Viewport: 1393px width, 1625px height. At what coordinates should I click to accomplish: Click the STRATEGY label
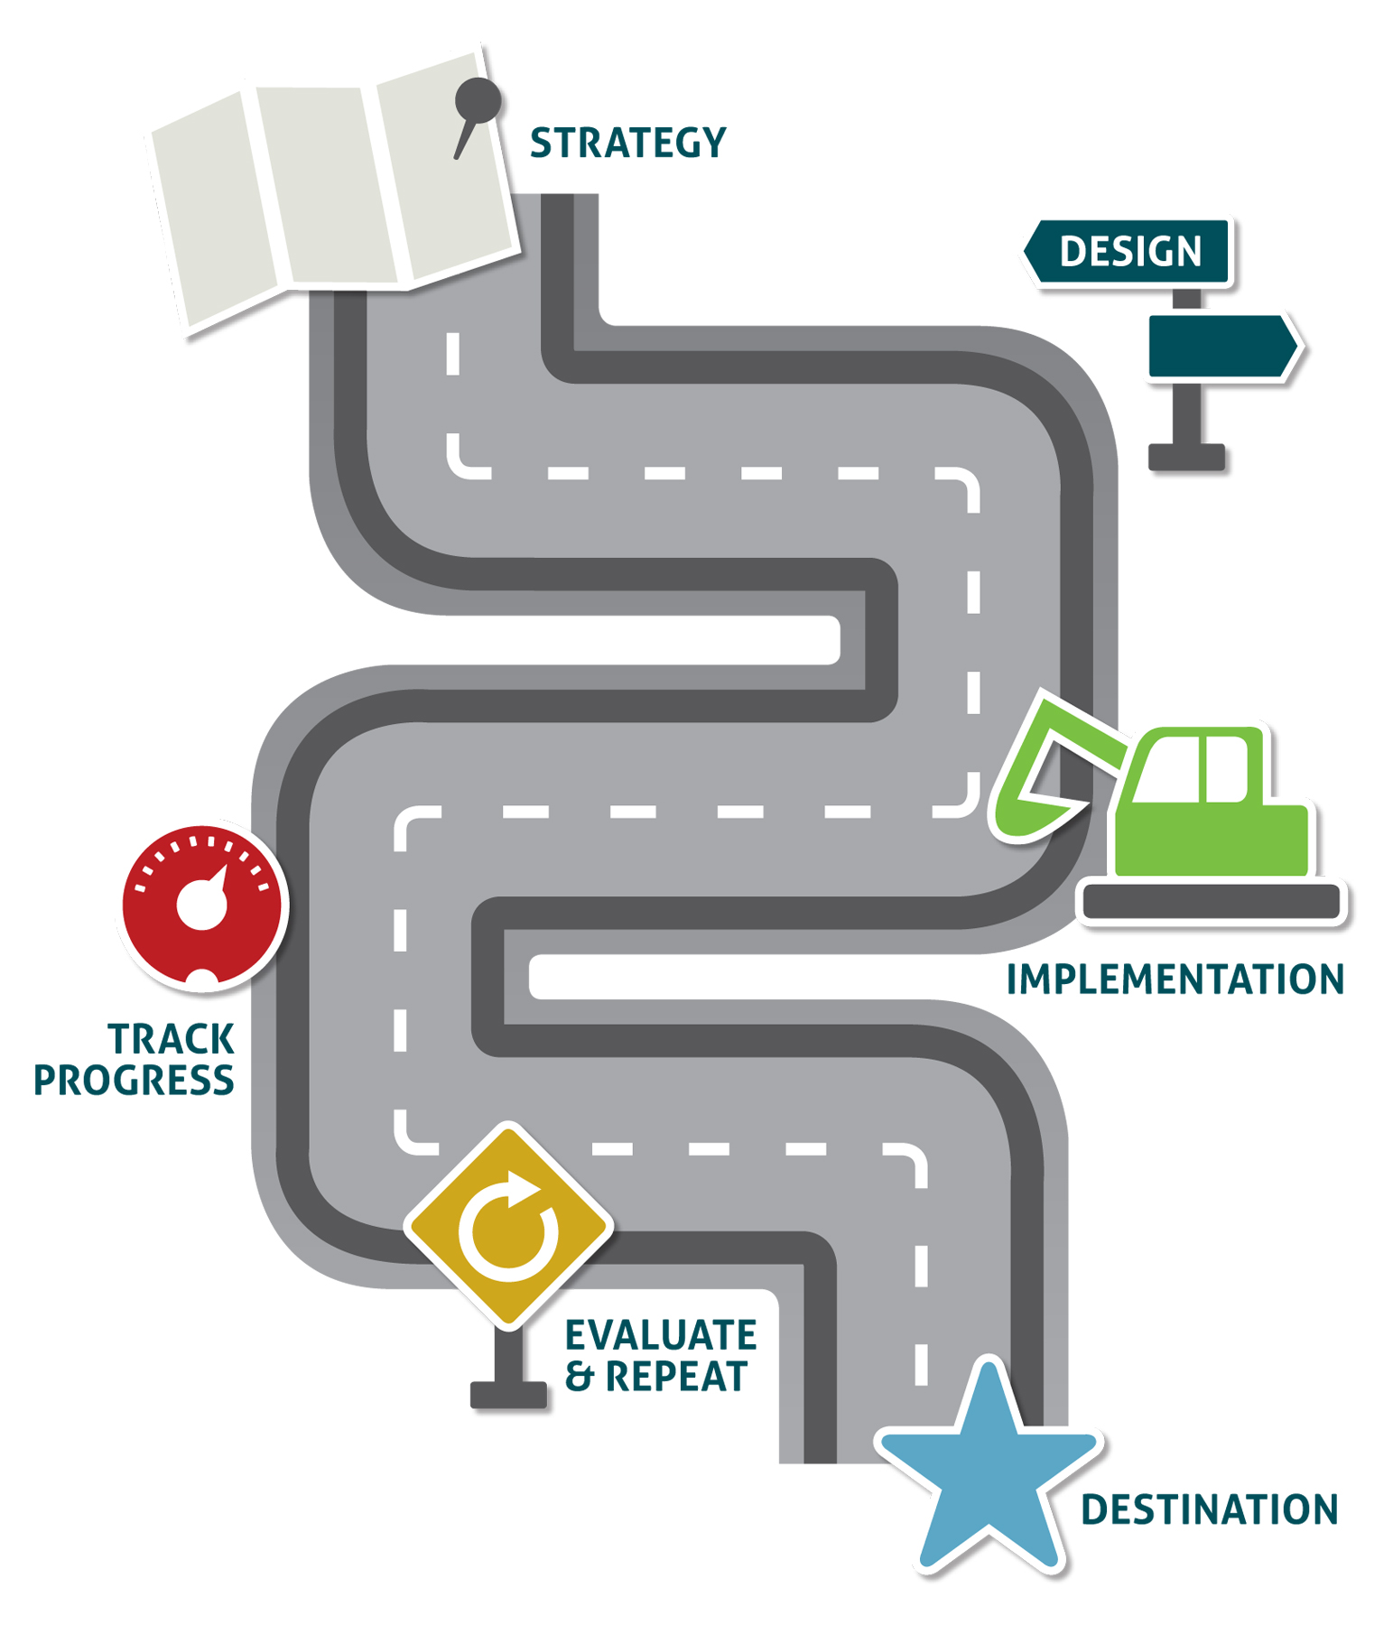[x=627, y=143]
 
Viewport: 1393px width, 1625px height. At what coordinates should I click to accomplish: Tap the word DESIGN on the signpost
[x=1129, y=251]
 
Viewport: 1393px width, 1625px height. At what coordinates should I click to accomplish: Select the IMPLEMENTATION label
[x=1175, y=980]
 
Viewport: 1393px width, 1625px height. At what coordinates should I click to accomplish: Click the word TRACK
[x=171, y=1039]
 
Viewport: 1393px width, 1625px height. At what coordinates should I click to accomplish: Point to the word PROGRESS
[x=134, y=1081]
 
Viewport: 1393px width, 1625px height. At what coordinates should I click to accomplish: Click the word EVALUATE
[x=661, y=1335]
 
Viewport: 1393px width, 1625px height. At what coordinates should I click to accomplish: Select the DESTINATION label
[x=1209, y=1509]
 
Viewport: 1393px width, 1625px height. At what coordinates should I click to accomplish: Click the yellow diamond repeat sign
[x=508, y=1225]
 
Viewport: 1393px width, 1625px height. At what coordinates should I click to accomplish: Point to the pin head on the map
[x=478, y=99]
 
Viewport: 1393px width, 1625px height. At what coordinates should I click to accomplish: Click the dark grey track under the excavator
[x=1211, y=902]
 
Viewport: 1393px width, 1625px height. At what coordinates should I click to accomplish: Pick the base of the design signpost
[x=1186, y=457]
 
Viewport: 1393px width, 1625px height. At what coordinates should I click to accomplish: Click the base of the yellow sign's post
[x=508, y=1395]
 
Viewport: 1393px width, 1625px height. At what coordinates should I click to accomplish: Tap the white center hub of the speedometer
[x=200, y=905]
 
